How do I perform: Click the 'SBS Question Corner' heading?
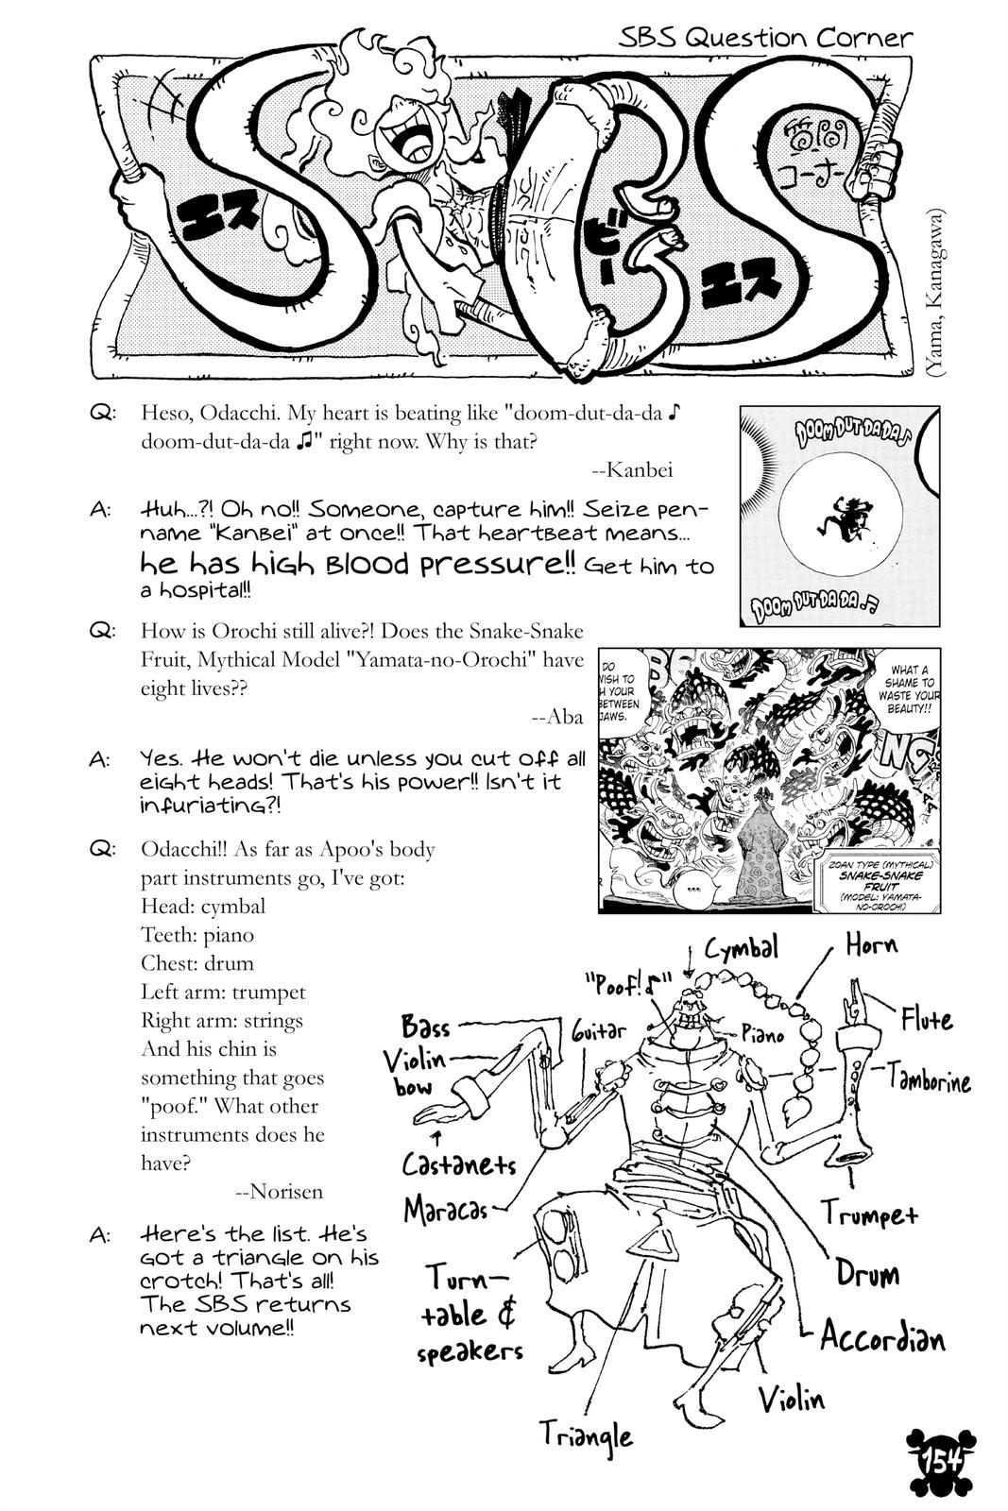(x=765, y=38)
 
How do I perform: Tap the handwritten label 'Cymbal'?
(x=741, y=947)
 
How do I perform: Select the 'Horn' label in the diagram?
(x=870, y=944)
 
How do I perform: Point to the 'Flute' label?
(x=926, y=1019)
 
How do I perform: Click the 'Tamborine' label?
(x=929, y=1078)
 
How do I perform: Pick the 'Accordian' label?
(x=881, y=1337)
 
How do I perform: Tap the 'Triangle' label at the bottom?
(x=586, y=1435)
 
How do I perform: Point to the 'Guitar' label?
(x=599, y=1031)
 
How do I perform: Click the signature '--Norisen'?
(x=279, y=1191)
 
